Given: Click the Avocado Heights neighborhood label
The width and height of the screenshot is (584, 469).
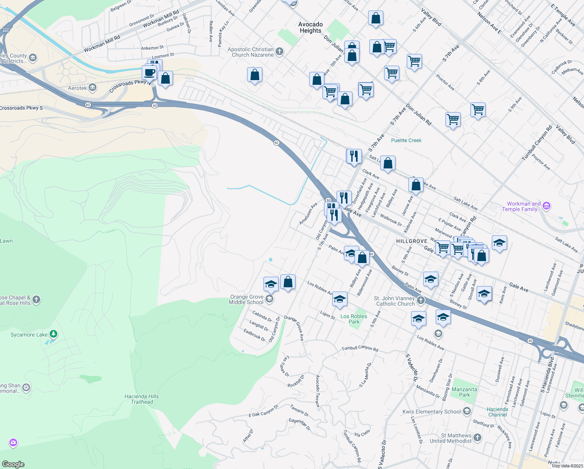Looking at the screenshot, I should [310, 27].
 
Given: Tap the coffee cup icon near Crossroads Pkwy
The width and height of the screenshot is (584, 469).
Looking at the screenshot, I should [149, 73].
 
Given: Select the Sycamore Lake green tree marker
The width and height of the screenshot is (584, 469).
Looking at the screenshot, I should [54, 334].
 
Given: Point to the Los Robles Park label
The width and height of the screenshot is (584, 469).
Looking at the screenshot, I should [354, 319].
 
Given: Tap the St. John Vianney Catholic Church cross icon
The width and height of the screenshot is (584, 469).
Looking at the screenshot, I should [420, 301].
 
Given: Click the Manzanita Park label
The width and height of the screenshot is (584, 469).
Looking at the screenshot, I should [464, 392].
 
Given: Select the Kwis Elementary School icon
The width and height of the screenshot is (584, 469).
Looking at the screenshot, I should [466, 411].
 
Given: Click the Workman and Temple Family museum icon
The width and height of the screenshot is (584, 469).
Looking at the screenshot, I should [547, 206].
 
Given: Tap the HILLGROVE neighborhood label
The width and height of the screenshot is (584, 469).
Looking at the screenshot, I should [411, 241].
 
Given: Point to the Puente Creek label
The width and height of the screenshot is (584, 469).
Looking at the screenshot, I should [406, 140].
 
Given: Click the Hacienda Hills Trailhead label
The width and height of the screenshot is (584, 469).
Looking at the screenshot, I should [142, 399].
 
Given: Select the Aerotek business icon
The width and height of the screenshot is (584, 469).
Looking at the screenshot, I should [93, 88].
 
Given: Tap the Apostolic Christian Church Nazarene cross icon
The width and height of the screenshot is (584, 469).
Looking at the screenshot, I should [279, 52].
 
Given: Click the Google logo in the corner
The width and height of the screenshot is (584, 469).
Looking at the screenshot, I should [13, 464].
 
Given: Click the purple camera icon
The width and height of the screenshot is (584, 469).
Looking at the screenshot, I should [13, 442].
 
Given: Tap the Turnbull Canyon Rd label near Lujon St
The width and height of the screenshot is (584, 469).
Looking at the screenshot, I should [360, 349].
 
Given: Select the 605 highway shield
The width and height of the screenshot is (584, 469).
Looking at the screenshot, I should [5, 30].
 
